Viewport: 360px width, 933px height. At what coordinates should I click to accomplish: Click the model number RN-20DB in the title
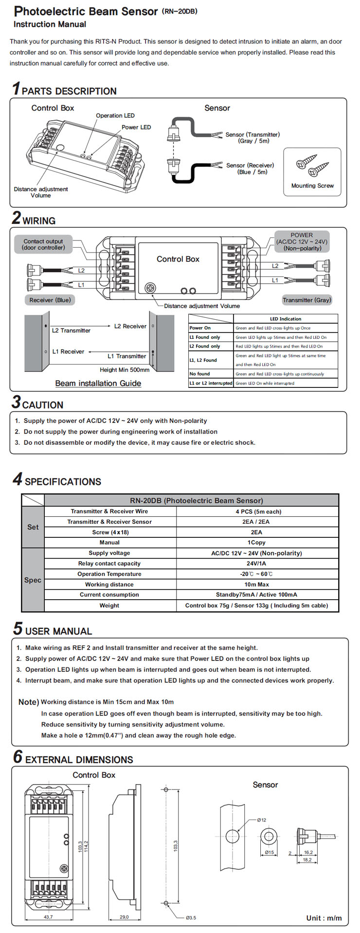tap(180, 11)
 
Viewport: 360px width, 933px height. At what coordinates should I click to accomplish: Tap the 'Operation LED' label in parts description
tap(115, 115)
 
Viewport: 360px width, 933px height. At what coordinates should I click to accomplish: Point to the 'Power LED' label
tap(136, 127)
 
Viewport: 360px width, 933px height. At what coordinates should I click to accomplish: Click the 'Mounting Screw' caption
tap(312, 185)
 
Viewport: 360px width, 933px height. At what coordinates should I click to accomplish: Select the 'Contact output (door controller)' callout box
tap(43, 244)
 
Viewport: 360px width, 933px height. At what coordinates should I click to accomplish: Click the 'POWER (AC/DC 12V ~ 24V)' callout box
tap(302, 241)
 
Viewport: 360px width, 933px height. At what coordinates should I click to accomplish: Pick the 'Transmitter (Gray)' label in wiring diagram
tap(306, 300)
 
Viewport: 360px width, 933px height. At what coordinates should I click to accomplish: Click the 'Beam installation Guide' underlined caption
tap(98, 383)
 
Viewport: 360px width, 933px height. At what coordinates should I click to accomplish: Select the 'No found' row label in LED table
tap(200, 374)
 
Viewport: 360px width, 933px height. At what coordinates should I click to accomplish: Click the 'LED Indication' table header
tap(286, 319)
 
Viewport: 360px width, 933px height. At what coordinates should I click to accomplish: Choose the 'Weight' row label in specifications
tap(109, 605)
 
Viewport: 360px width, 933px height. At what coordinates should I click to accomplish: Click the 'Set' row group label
tap(33, 527)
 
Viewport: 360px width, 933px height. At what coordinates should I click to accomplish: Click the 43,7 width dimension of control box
tap(48, 917)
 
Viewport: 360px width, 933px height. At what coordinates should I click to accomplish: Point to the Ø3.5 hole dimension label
tap(191, 917)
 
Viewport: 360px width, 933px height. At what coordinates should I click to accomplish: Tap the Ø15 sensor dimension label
tap(269, 852)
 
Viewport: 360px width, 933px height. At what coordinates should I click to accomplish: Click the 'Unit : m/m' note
tap(324, 918)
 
